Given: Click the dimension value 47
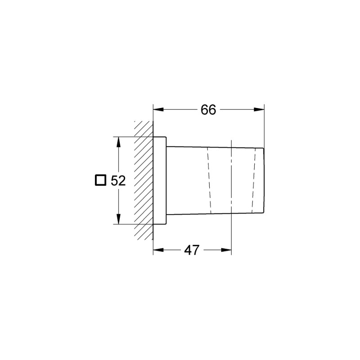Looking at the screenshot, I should pos(192,250).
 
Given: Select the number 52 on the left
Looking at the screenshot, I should pos(117,180).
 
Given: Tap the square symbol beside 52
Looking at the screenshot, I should pos(100,180).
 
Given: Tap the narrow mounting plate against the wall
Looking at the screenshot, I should pos(160,180).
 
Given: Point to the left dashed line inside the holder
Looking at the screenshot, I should pos(209,180).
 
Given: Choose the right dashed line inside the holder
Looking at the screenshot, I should pos(254,180).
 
